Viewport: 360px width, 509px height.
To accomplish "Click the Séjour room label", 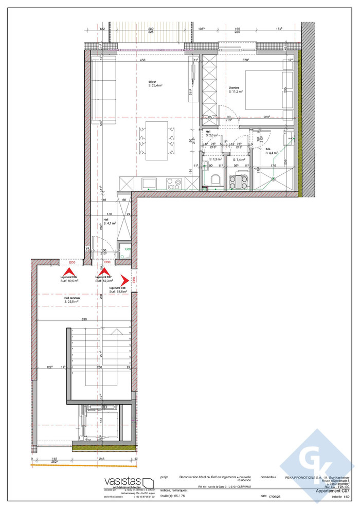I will coord(153,82).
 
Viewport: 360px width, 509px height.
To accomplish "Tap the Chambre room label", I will coord(235,88).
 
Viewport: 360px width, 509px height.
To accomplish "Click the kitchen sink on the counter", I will coord(150,183).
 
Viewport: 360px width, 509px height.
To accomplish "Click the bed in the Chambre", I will coord(265,91).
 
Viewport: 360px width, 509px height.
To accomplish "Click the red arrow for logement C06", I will coord(67,271).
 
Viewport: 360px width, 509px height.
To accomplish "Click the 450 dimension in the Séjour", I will coord(142,60).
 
